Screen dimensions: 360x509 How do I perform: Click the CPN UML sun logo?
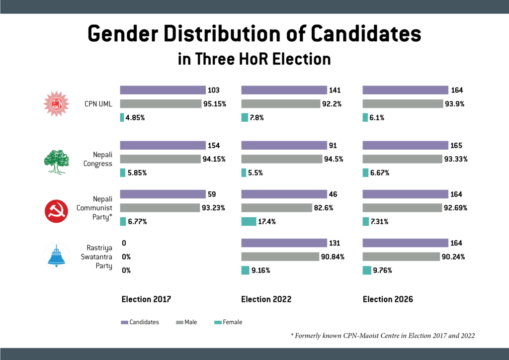pos(55,104)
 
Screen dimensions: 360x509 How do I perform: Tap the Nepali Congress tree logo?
pos(55,159)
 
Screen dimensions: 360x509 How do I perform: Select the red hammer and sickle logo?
pos(55,208)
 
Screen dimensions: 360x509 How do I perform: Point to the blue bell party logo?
pos(55,256)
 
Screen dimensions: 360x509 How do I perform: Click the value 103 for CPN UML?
pos(214,90)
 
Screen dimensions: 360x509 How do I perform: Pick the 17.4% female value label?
pos(267,222)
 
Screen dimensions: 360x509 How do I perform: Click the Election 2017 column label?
pos(147,299)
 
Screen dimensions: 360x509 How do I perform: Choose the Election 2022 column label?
pos(266,299)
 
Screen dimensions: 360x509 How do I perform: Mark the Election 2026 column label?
pos(388,299)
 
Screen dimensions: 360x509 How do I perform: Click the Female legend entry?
pos(229,322)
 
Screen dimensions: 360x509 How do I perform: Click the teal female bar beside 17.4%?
pos(249,222)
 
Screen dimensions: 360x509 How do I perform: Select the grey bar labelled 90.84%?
pos(280,257)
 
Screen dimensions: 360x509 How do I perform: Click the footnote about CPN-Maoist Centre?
pos(383,336)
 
